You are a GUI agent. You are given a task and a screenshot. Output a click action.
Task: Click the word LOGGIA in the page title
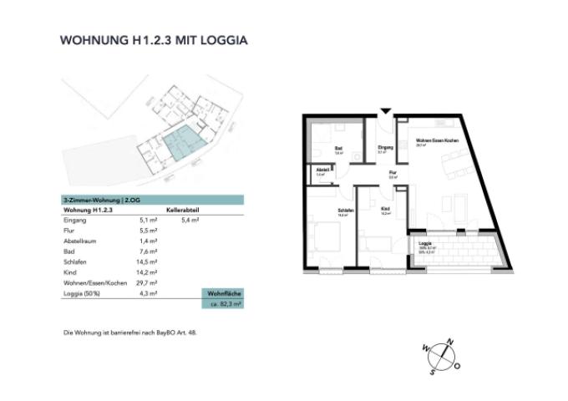(219, 39)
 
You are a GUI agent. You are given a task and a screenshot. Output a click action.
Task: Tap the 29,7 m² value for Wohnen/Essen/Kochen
(148, 284)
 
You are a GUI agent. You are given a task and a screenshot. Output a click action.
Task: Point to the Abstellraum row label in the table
(82, 241)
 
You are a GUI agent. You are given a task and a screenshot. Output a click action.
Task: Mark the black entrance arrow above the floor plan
(385, 111)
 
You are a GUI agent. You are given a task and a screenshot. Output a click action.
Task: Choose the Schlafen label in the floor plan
(343, 211)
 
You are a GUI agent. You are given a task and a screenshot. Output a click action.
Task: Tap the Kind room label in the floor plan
(384, 209)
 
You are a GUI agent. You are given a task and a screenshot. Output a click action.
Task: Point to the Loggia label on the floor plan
(423, 243)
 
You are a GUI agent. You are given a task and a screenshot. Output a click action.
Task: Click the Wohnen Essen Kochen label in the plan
(436, 140)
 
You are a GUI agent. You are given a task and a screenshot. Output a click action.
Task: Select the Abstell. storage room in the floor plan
(322, 170)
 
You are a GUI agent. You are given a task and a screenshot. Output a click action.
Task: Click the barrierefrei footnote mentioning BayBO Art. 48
(130, 332)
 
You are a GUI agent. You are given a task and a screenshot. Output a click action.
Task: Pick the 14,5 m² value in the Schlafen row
(148, 262)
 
